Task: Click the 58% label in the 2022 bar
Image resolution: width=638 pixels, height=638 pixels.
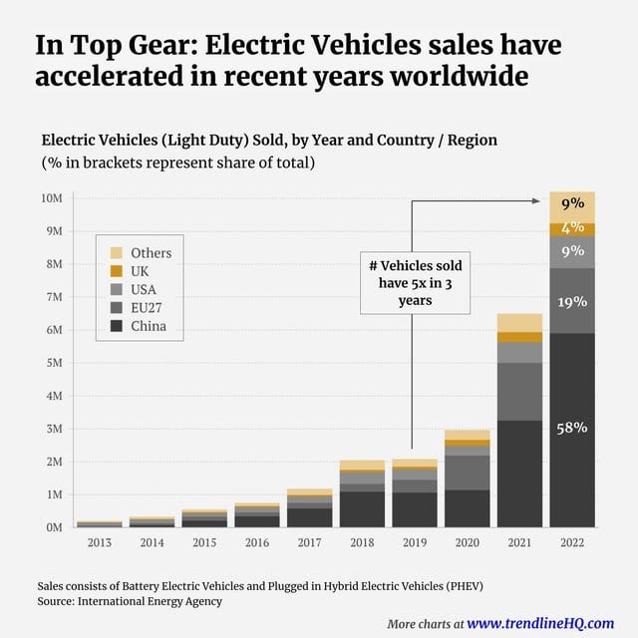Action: point(572,428)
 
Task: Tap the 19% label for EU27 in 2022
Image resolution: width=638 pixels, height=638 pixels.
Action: point(572,301)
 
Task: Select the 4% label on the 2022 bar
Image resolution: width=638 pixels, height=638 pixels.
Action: point(572,227)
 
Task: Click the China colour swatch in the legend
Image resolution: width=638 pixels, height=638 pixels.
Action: point(117,326)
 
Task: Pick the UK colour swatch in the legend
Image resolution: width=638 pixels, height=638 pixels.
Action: point(117,271)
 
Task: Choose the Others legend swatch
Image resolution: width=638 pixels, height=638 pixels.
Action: point(117,253)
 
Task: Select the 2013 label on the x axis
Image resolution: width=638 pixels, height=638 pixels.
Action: point(100,544)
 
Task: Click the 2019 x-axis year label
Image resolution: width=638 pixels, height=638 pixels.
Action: point(414,544)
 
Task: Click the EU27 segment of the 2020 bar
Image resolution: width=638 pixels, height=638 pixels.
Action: point(467,473)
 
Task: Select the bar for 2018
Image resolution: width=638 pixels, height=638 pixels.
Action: point(362,494)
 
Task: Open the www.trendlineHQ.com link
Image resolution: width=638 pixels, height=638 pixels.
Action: point(540,623)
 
